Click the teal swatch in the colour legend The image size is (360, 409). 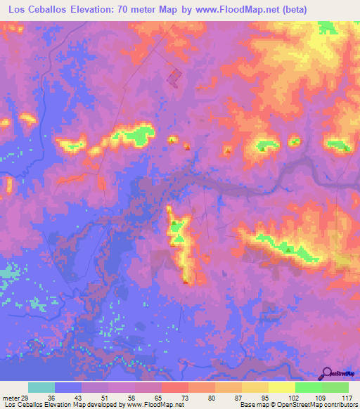pos(41,388)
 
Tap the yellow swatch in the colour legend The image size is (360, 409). pos(281,388)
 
